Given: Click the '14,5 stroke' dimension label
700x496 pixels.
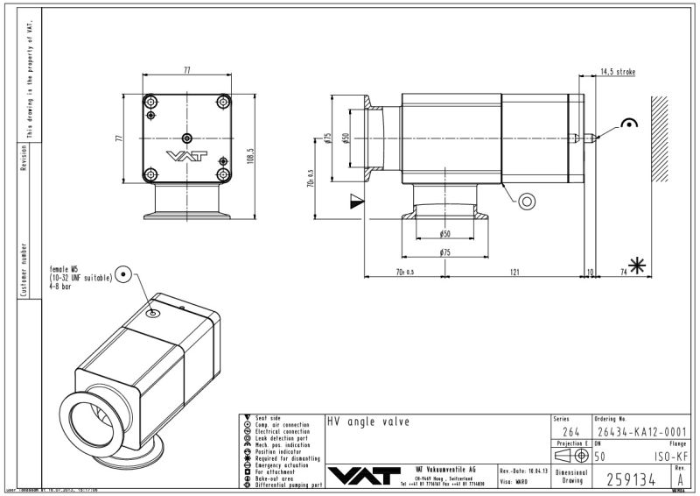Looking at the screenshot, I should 617,72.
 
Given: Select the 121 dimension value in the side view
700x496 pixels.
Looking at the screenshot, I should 514,273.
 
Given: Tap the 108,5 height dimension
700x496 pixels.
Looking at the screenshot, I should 250,154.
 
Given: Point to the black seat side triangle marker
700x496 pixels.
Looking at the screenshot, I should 354,201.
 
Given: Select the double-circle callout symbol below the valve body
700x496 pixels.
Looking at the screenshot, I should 527,201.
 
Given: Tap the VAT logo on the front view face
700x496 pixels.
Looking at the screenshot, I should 186,158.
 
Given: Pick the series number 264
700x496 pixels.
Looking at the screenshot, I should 570,430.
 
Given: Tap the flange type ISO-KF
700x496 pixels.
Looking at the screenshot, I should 670,457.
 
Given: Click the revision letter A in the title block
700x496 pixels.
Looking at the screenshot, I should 681,478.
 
